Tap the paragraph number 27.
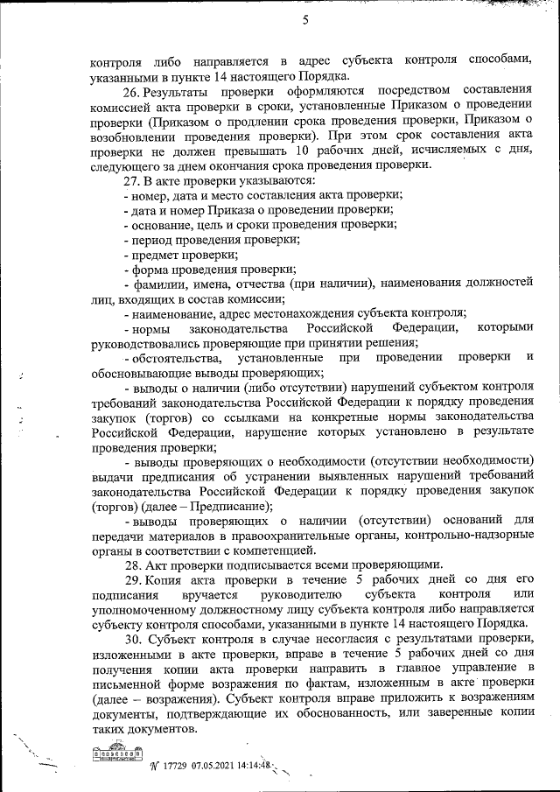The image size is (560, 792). [x=131, y=181]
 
